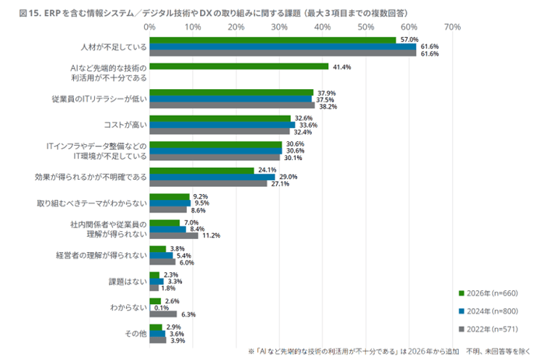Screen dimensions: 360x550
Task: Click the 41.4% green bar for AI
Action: (239, 67)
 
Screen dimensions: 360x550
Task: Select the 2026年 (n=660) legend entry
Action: (489, 293)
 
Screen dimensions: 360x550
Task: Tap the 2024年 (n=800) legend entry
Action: (489, 310)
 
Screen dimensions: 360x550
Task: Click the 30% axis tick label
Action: (279, 27)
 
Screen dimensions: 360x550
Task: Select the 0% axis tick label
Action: (150, 27)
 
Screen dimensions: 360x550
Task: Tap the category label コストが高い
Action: (125, 124)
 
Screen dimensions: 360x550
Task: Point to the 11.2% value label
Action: (211, 235)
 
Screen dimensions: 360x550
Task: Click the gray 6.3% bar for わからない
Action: (163, 314)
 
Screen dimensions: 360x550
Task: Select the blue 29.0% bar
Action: (212, 177)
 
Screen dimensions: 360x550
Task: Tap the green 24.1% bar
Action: (201, 170)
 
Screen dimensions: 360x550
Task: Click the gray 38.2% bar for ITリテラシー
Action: (232, 105)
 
